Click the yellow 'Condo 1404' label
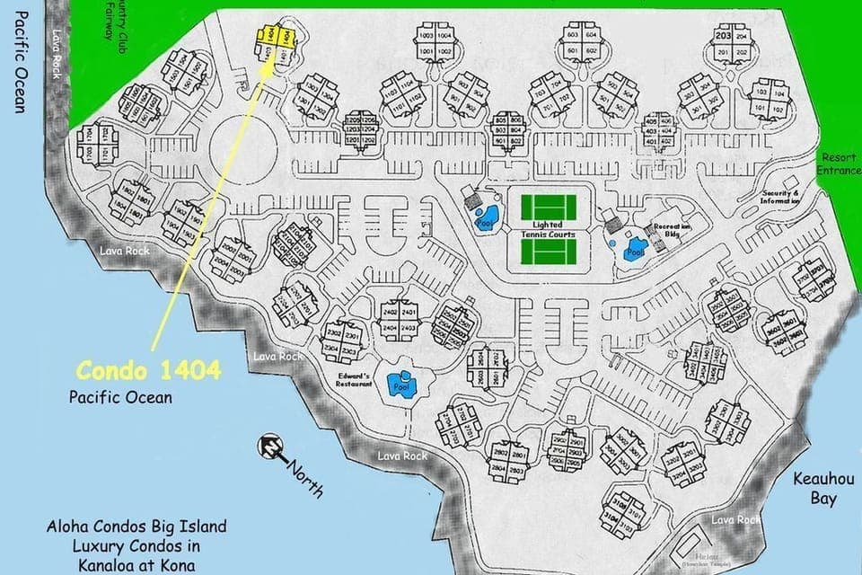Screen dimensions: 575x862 147,370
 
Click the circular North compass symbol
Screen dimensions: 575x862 270,445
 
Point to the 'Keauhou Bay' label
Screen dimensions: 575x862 815,489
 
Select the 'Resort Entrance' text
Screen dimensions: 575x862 839,164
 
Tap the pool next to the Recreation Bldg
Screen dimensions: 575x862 635,248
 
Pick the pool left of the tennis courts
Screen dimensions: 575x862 483,217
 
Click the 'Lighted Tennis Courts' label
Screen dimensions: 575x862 548,229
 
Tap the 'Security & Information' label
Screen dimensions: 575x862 780,197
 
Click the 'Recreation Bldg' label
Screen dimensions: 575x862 673,230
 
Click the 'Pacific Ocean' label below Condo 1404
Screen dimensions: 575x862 120,396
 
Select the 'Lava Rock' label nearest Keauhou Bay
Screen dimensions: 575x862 735,519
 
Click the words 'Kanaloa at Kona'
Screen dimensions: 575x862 136,566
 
